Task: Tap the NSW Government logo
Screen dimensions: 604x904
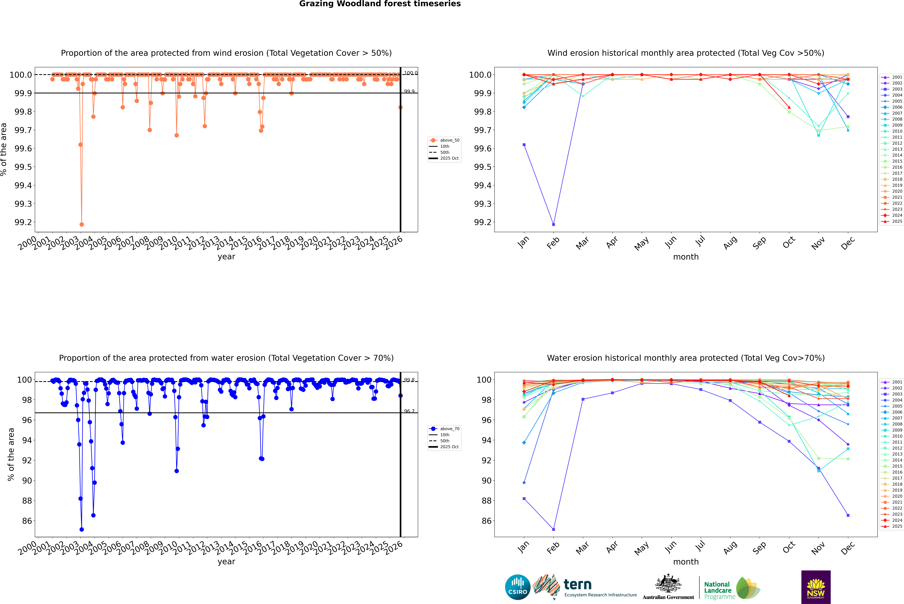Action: pyautogui.click(x=816, y=587)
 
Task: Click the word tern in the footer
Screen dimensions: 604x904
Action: pyautogui.click(x=577, y=585)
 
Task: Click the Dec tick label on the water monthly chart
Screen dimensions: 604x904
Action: pyautogui.click(x=848, y=548)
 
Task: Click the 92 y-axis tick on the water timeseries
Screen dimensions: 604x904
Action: pyautogui.click(x=27, y=460)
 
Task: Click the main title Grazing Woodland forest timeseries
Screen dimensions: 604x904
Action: pyautogui.click(x=380, y=4)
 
